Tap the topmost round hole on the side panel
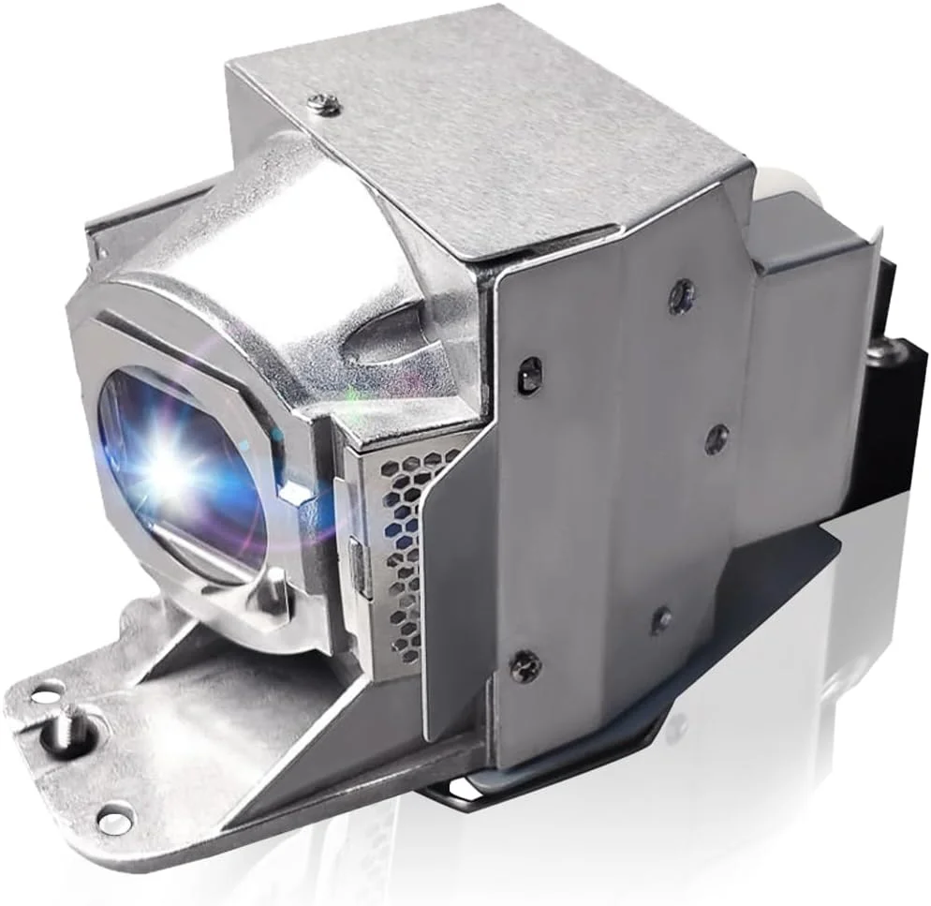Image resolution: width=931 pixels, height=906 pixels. tap(681, 296)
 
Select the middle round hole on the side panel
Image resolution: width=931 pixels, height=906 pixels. tap(717, 437)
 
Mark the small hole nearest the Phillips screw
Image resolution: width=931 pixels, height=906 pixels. tap(661, 619)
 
